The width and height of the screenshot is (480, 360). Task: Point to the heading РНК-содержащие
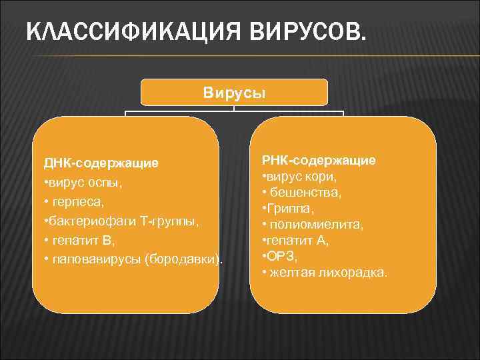319,160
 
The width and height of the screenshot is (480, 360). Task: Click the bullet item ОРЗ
281,257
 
